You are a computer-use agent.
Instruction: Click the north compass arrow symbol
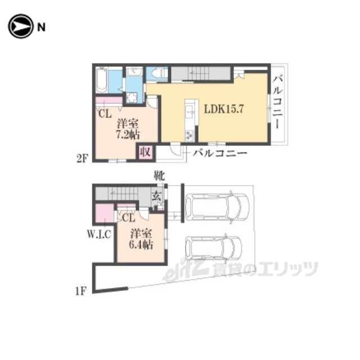click(x=20, y=26)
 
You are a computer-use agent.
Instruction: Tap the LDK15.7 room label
click(x=224, y=109)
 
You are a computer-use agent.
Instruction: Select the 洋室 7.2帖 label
click(x=128, y=129)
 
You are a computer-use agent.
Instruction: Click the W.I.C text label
click(x=99, y=234)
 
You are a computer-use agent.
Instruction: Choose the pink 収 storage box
click(x=145, y=152)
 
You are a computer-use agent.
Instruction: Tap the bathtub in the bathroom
click(x=101, y=80)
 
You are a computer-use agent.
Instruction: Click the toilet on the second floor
click(x=157, y=74)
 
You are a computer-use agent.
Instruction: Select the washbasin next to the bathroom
click(x=134, y=71)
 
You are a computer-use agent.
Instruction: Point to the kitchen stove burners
click(x=190, y=135)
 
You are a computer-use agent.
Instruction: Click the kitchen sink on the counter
click(x=190, y=112)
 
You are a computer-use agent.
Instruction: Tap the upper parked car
click(x=217, y=206)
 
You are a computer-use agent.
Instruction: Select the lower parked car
click(x=214, y=248)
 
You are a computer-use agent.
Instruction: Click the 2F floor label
click(x=82, y=159)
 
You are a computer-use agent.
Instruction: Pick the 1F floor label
click(x=81, y=291)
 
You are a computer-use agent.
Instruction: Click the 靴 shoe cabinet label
click(x=159, y=176)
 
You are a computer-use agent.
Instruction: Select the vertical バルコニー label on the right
click(x=277, y=103)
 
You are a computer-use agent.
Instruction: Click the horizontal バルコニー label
click(x=220, y=153)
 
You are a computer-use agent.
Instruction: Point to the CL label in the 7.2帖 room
click(x=105, y=114)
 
